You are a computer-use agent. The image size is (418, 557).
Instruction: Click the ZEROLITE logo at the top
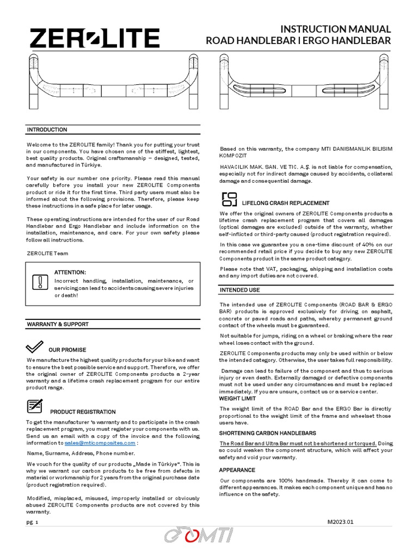click(x=95, y=39)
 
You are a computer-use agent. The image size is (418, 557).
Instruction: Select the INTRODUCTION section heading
click(x=47, y=129)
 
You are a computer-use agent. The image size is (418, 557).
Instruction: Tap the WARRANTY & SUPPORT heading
click(x=58, y=324)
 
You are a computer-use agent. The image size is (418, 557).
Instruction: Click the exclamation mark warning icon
click(x=40, y=282)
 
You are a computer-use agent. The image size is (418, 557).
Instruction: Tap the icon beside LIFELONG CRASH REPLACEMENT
click(x=230, y=199)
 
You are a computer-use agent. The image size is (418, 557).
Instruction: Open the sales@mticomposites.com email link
click(x=100, y=443)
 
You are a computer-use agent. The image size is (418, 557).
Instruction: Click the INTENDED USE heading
click(x=239, y=290)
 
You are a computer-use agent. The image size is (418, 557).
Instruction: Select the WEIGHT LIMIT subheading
click(x=237, y=399)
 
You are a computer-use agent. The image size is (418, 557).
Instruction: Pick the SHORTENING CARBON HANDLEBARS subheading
click(x=267, y=433)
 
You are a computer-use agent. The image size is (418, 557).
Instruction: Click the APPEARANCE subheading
click(x=237, y=470)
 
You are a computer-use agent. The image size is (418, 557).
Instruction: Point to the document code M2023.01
click(x=340, y=522)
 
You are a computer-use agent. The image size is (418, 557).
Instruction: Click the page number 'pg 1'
click(x=33, y=522)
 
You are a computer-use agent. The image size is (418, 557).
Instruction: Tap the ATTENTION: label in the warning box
click(x=70, y=272)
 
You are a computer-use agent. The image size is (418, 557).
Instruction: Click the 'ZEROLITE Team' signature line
click(x=48, y=253)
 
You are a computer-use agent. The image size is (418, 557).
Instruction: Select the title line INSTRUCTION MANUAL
click(x=335, y=29)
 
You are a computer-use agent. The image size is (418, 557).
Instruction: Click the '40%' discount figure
click(x=364, y=244)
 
